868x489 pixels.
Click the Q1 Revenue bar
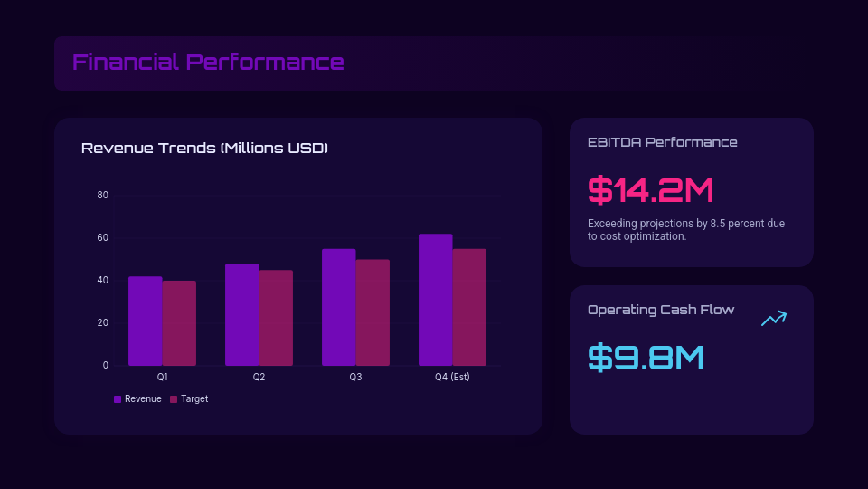146,321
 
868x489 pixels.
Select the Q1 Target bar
179,323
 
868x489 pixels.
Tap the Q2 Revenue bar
242,315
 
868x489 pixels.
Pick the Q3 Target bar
373,312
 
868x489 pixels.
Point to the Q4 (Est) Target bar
469,307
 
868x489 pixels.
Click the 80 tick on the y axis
103,196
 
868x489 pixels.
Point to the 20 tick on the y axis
103,323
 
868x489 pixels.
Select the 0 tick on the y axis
105,366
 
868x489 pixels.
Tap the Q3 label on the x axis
355,377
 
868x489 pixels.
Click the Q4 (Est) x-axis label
452,377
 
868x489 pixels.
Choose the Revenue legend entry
137,398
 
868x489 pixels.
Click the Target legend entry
189,398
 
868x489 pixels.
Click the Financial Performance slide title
208,62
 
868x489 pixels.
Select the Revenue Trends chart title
204,148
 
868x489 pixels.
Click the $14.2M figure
651,190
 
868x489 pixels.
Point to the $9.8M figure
646,357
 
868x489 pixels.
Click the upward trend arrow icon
774,318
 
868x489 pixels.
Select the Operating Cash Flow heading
661,310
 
